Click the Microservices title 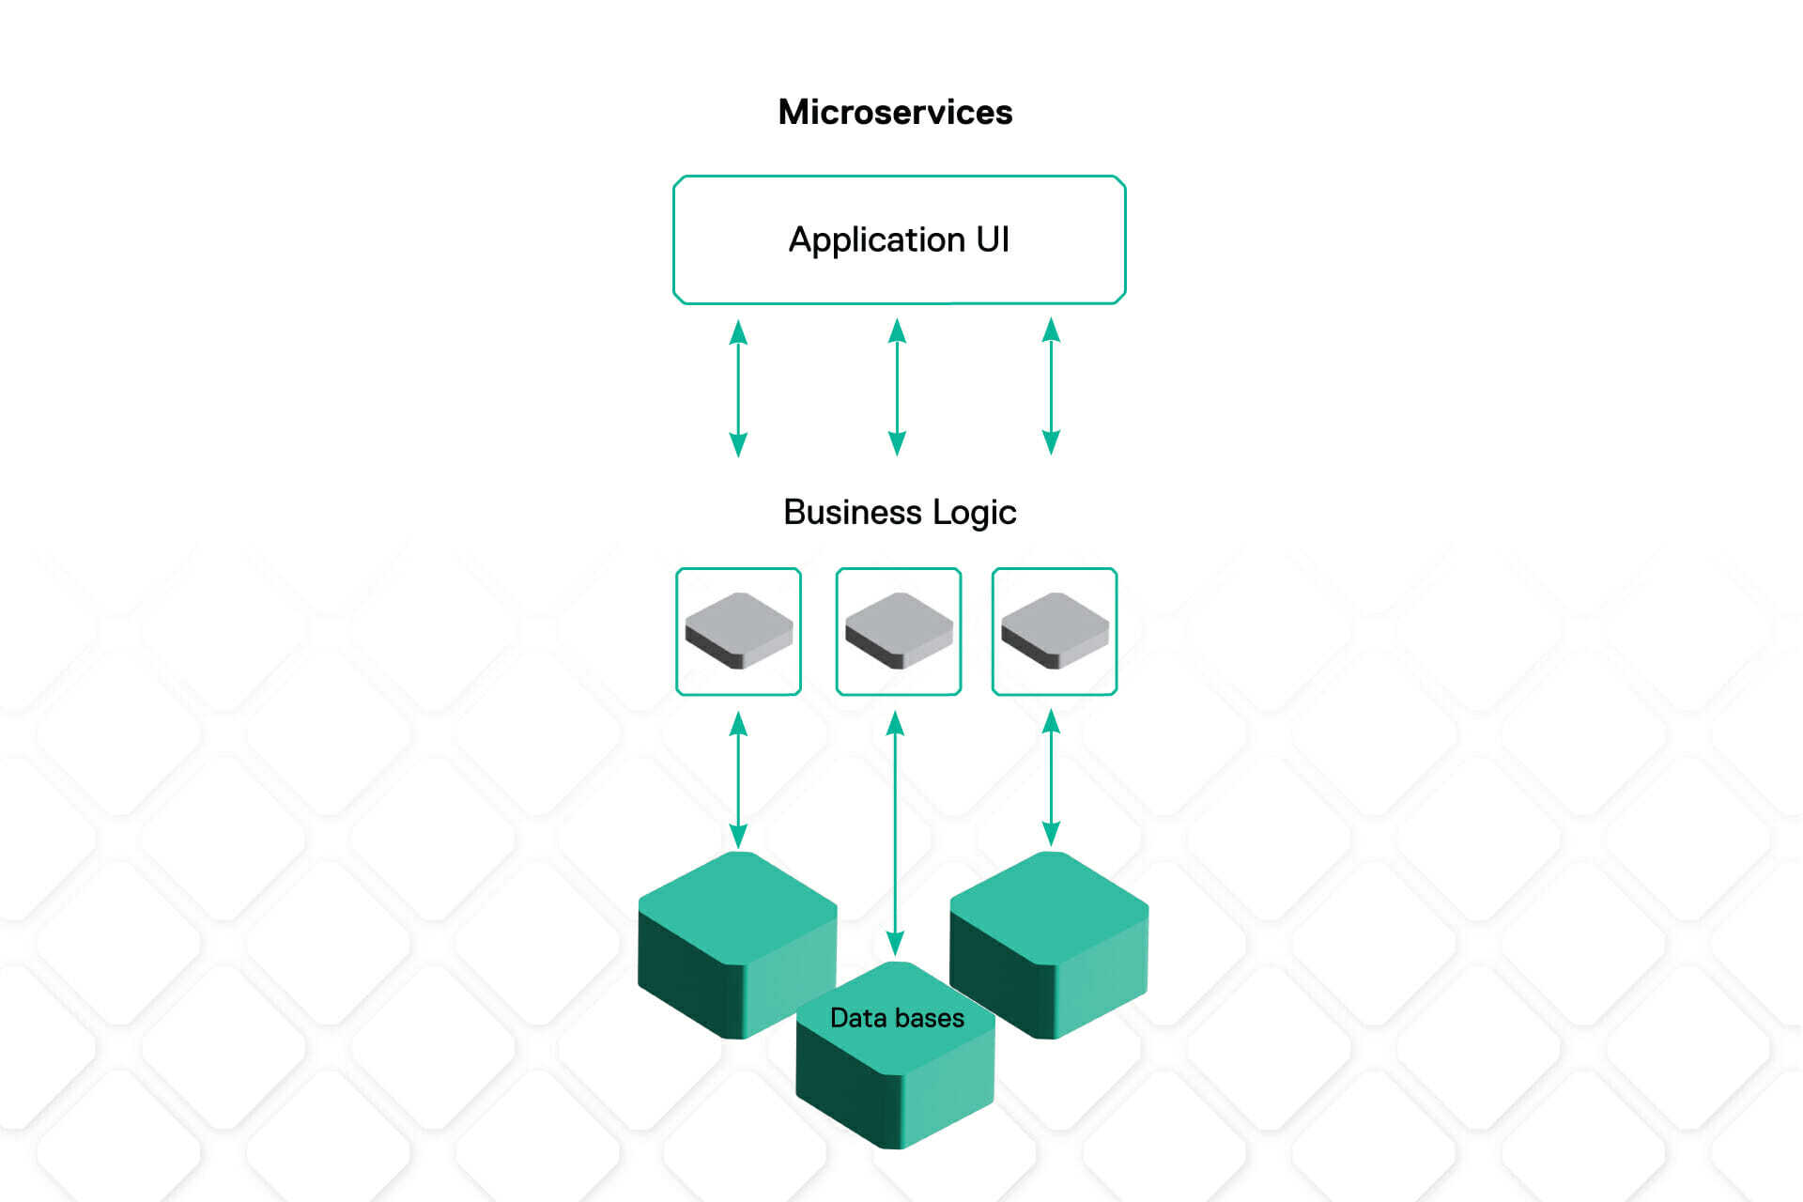pyautogui.click(x=895, y=113)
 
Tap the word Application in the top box pyautogui.click(x=876, y=240)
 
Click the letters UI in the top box pyautogui.click(x=993, y=239)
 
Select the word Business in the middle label pyautogui.click(x=853, y=513)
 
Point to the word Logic pyautogui.click(x=974, y=514)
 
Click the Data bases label pyautogui.click(x=897, y=1018)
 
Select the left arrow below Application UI pyautogui.click(x=738, y=388)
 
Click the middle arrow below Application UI pyautogui.click(x=897, y=388)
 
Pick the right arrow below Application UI pyautogui.click(x=1051, y=387)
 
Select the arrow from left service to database pyautogui.click(x=738, y=779)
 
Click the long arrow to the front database pyautogui.click(x=895, y=836)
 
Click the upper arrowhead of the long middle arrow pyautogui.click(x=895, y=723)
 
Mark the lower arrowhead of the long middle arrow pyautogui.click(x=895, y=943)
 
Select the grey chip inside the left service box pyautogui.click(x=738, y=629)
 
